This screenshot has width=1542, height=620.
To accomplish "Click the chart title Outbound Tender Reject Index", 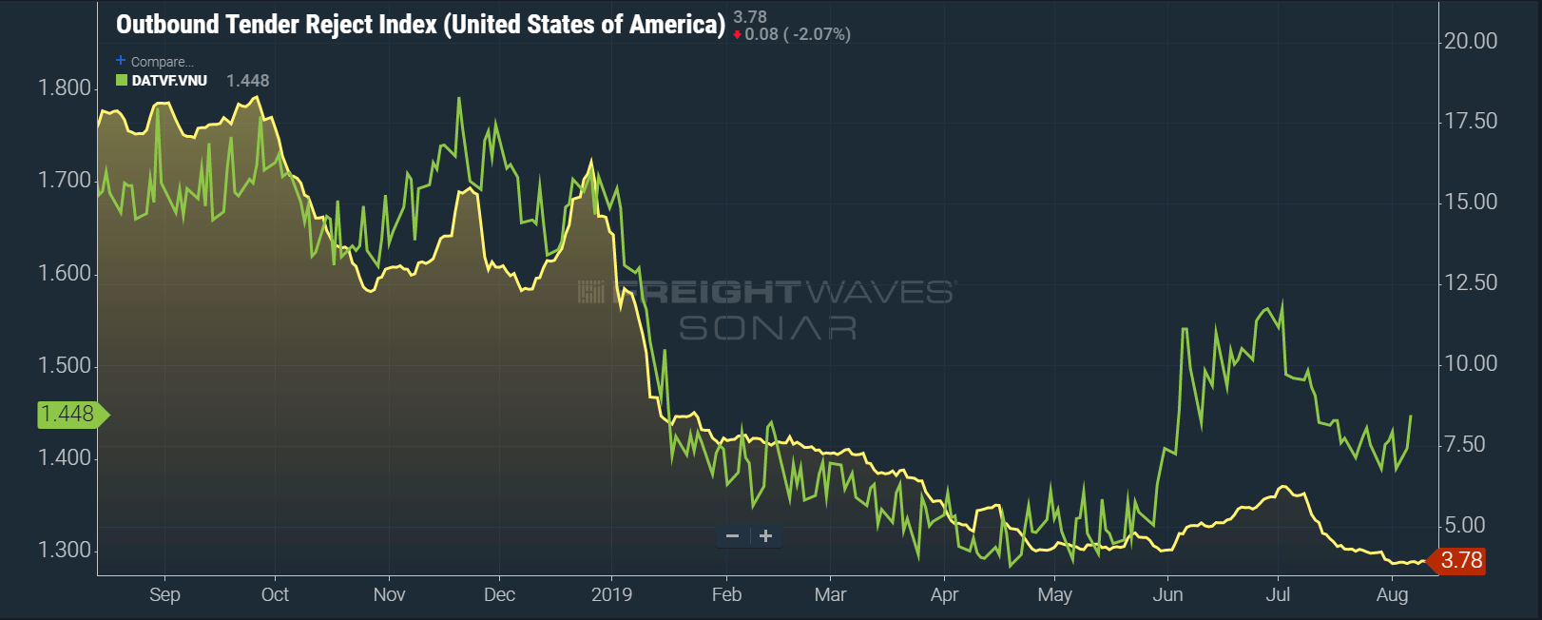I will click(x=419, y=25).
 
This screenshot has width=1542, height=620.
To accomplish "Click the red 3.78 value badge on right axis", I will click(x=1459, y=560).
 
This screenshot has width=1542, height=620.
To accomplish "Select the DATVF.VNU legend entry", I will click(x=168, y=81).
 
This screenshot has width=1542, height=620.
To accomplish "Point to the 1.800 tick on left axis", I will click(x=65, y=88).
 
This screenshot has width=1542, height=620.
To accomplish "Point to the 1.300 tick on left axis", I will click(x=65, y=551).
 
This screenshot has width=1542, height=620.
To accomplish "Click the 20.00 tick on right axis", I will click(x=1470, y=41).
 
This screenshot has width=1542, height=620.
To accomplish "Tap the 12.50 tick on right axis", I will click(x=1470, y=282).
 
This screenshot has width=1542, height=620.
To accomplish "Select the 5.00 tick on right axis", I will click(x=1464, y=525).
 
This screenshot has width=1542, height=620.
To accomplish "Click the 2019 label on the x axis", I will click(x=611, y=594).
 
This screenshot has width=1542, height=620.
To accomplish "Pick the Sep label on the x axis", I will click(x=164, y=594).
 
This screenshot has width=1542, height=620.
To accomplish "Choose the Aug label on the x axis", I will click(x=1392, y=594).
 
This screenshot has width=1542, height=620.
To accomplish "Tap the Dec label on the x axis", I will click(x=499, y=594).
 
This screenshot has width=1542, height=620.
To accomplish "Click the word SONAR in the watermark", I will click(x=767, y=328).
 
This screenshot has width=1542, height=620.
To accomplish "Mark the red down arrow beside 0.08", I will click(x=738, y=35).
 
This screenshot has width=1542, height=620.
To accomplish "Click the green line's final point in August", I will click(x=1410, y=416).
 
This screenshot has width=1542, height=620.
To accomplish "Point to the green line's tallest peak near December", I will click(x=459, y=98).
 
